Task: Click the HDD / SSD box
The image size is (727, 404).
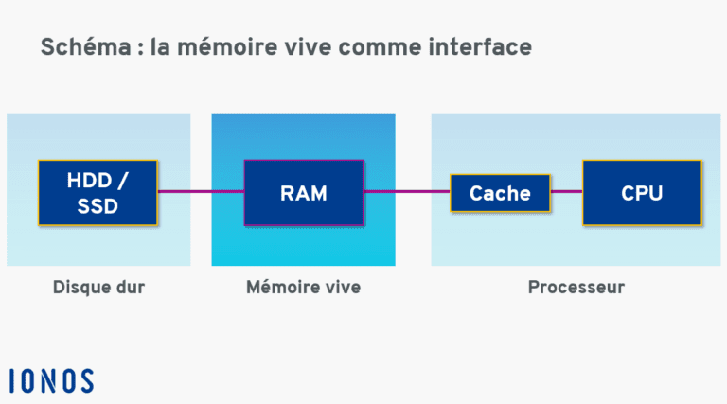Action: pyautogui.click(x=98, y=193)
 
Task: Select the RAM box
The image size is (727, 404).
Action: pyautogui.click(x=303, y=193)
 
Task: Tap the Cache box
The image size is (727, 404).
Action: pyautogui.click(x=500, y=193)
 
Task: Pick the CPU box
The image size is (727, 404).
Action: pyautogui.click(x=641, y=193)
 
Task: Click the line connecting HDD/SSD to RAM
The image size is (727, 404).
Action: pyautogui.click(x=201, y=192)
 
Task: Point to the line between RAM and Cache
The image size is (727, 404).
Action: pyautogui.click(x=406, y=192)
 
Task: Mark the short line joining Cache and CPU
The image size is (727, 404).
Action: pyautogui.click(x=566, y=192)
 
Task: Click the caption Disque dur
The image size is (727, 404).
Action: pyautogui.click(x=98, y=287)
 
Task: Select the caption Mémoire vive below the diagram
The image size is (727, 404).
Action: pyautogui.click(x=303, y=287)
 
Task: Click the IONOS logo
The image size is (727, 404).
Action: pyautogui.click(x=52, y=380)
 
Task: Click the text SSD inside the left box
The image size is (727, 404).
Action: pyautogui.click(x=98, y=207)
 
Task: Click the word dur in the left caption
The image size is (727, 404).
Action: pyautogui.click(x=130, y=287)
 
